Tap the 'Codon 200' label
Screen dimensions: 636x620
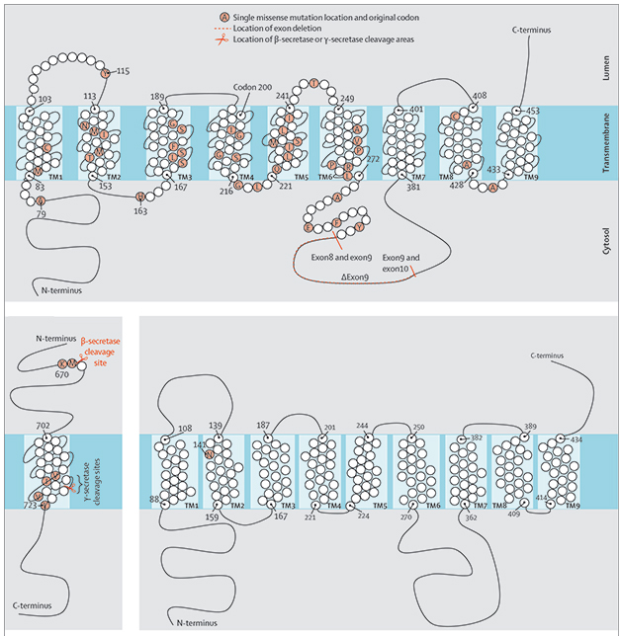pos(253,86)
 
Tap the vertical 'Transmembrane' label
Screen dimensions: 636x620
pos(604,145)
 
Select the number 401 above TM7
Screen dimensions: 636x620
pos(415,110)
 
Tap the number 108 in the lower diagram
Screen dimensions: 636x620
pos(184,429)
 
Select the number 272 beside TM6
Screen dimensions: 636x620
pos(372,159)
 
